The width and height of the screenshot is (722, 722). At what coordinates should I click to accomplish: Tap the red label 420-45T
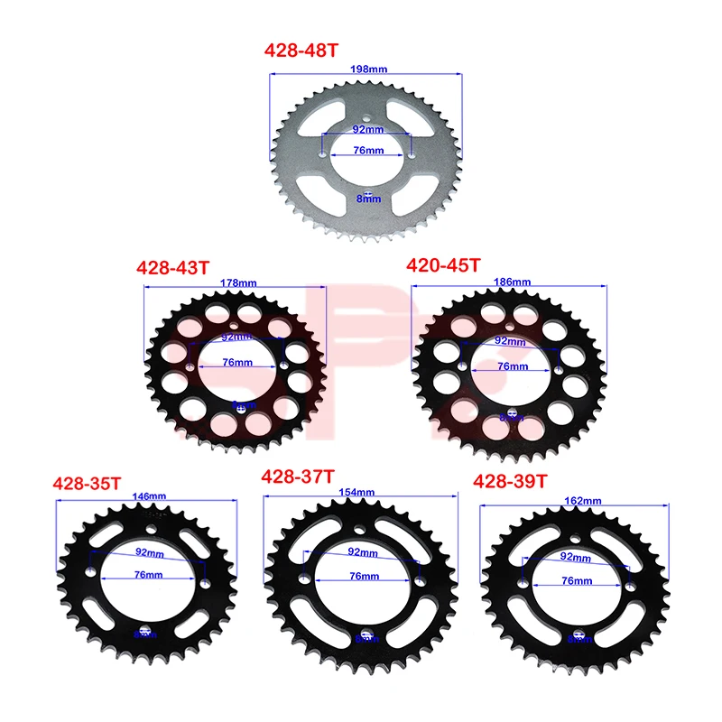tap(444, 264)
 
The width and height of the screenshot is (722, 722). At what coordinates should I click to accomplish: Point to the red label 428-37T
tap(298, 476)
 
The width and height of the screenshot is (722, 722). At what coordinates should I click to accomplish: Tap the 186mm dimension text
tap(512, 282)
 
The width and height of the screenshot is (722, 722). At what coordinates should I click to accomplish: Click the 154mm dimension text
tap(358, 492)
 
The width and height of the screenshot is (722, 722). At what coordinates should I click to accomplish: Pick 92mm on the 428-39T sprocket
tap(575, 558)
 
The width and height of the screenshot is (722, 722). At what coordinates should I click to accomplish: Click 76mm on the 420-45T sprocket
tap(512, 366)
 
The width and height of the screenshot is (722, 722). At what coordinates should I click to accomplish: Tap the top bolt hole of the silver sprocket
tap(366, 116)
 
